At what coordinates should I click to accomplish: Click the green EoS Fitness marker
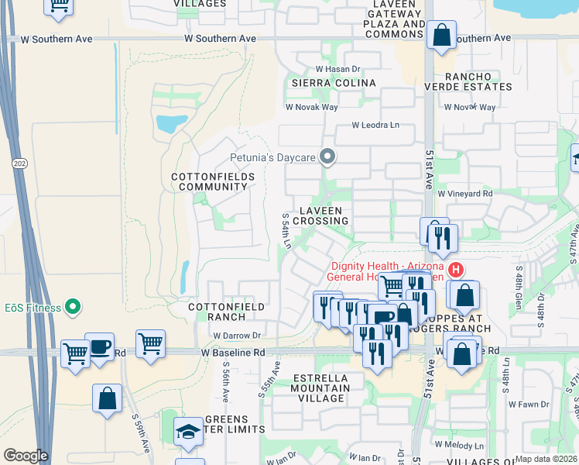pos(74,308)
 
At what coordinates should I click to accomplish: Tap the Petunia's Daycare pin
pos(327,158)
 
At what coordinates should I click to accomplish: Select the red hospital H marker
pos(456,270)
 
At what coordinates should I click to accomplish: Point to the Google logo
pos(26,456)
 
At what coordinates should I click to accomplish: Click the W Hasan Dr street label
pos(338,69)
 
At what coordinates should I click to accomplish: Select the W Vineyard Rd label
pos(464,194)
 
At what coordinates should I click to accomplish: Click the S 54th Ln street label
pos(286,232)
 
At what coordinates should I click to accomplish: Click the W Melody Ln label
pos(459,445)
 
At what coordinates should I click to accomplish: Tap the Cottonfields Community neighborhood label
pos(209,182)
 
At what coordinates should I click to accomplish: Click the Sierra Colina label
pos(334,83)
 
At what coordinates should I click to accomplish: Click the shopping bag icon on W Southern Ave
pos(440,36)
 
